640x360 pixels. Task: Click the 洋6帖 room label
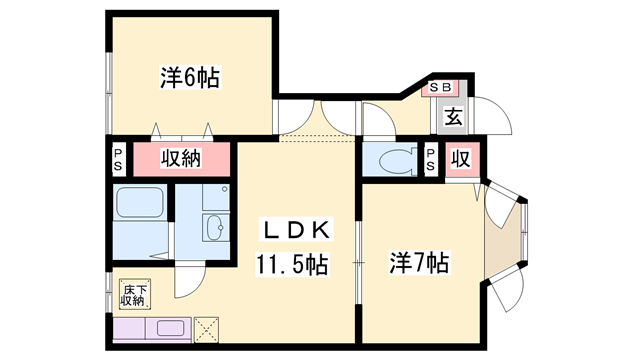point(190,78)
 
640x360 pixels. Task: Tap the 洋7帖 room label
point(419,263)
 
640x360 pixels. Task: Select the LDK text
point(296,230)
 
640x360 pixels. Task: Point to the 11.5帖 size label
point(292,264)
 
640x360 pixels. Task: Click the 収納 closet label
point(181,158)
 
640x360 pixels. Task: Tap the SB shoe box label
point(440,87)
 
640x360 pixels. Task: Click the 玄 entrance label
point(454,117)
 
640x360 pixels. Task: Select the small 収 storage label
point(460,158)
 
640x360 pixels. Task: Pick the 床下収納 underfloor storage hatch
point(135,294)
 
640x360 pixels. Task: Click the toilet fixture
point(398,160)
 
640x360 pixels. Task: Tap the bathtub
point(140,203)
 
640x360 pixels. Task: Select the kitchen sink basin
point(170,328)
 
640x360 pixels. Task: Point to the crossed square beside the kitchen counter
point(207,330)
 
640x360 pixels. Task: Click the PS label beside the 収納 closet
point(118,159)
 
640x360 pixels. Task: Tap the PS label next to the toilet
point(431,159)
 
